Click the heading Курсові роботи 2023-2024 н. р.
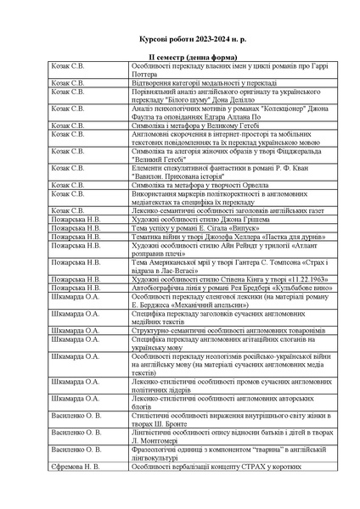coord(179,40)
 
